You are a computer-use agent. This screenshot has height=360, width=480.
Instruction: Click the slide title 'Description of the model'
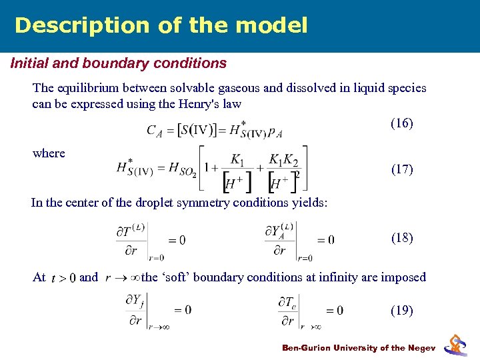tap(161, 25)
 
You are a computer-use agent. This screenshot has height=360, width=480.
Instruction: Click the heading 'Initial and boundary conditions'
tap(118, 64)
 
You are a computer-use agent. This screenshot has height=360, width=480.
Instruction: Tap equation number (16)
tap(402, 123)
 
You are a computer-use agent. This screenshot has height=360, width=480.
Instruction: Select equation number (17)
tap(402, 169)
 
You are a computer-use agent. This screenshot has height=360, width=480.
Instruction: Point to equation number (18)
tap(402, 238)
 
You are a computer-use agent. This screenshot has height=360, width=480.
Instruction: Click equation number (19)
tap(402, 311)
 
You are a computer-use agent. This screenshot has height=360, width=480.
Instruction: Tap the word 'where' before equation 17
tap(49, 153)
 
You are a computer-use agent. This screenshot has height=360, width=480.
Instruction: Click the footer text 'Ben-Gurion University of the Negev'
tap(359, 348)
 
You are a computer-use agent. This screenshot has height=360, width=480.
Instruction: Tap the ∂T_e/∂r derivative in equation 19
tap(289, 310)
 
